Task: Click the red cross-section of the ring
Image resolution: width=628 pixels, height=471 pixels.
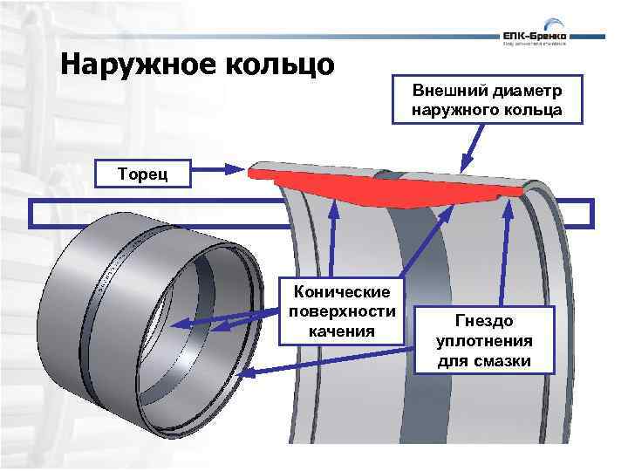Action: click(x=392, y=188)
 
